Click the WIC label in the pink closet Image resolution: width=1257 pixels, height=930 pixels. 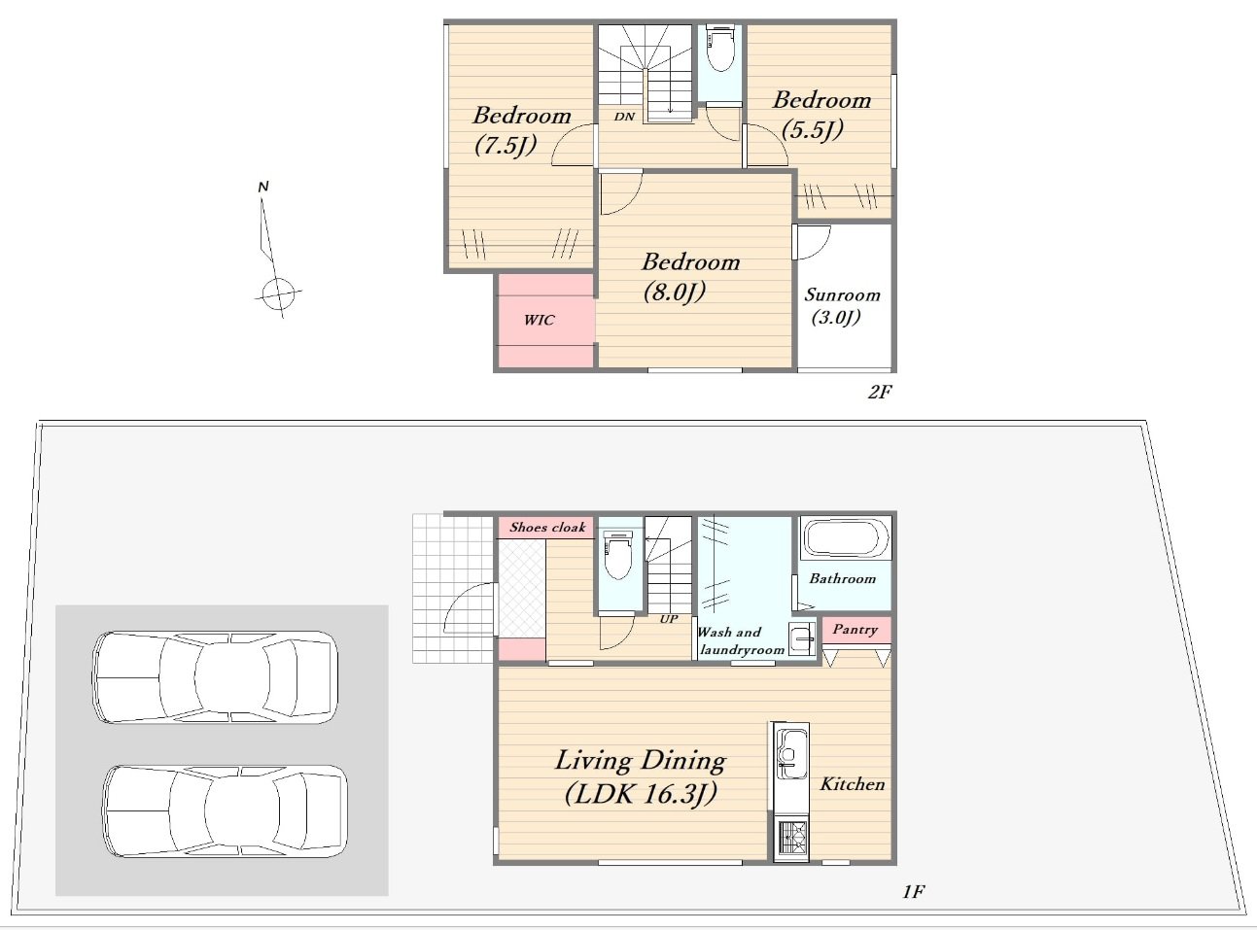[539, 320]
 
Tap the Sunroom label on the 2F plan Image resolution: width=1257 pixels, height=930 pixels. [842, 306]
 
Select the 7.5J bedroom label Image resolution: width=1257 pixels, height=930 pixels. [521, 130]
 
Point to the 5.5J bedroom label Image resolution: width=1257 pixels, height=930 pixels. [821, 115]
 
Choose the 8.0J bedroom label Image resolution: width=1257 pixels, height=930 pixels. [690, 277]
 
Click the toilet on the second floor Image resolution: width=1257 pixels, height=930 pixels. [719, 51]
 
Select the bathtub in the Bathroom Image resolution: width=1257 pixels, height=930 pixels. [845, 539]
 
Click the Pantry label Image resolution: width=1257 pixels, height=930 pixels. [855, 630]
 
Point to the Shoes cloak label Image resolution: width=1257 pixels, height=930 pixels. [547, 528]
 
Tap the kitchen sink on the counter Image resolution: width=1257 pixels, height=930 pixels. [788, 747]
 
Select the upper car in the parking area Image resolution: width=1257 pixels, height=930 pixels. [215, 676]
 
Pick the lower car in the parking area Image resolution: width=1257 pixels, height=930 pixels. [225, 811]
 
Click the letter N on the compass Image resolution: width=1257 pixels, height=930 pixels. [262, 187]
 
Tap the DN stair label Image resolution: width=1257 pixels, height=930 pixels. [624, 117]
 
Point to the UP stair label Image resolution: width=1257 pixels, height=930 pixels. [669, 619]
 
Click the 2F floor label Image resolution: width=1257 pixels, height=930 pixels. [880, 392]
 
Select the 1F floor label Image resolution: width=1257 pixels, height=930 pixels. [913, 892]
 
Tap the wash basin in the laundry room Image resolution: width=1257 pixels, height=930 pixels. [802, 638]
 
